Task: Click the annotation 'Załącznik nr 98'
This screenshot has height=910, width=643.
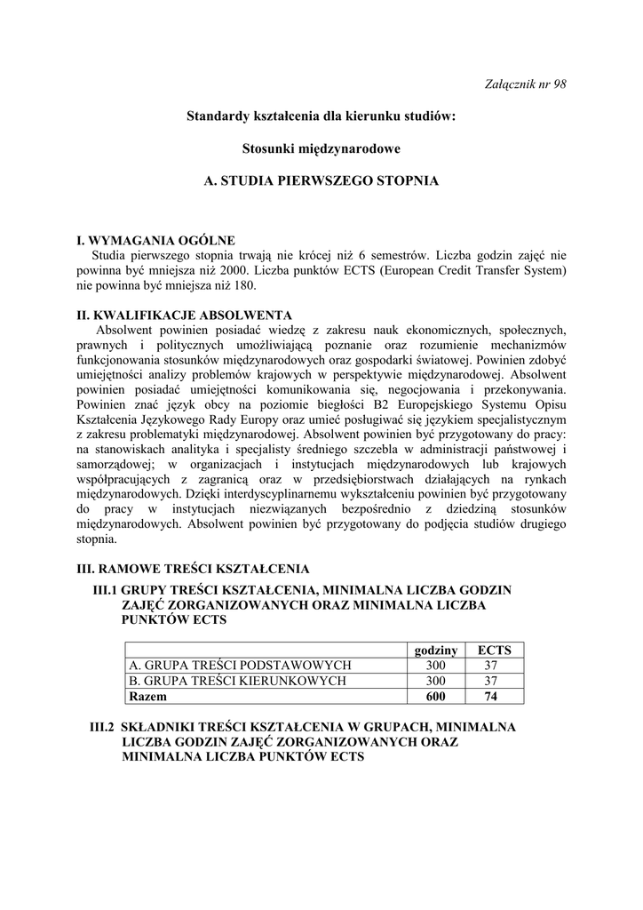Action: coord(528,84)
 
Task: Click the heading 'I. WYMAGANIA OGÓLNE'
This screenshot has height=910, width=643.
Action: coord(156,240)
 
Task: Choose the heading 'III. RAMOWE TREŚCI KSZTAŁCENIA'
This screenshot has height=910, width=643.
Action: coord(193,568)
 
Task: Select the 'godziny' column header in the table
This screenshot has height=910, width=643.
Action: coord(435,651)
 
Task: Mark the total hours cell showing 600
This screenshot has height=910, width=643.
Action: coord(435,697)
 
